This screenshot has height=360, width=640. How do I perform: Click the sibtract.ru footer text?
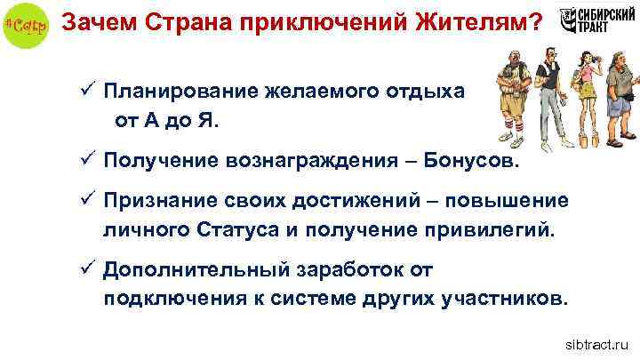pos(595,342)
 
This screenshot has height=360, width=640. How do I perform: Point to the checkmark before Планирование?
pos(85,92)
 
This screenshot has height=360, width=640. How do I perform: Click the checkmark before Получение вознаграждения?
pos(85,162)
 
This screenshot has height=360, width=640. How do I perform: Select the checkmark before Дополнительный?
pos(85,268)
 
